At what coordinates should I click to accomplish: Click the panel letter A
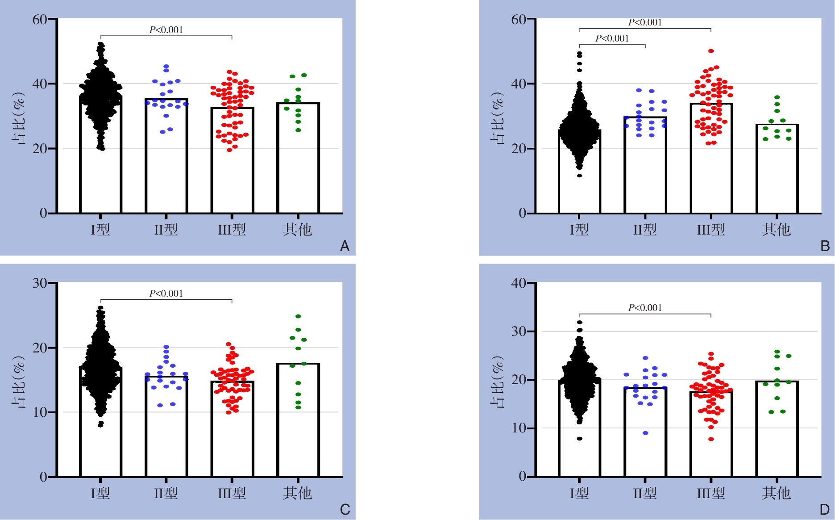pyautogui.click(x=345, y=246)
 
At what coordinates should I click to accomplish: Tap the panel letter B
pyautogui.click(x=825, y=246)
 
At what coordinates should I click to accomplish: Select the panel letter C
pyautogui.click(x=345, y=510)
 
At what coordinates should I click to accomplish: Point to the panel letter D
pyautogui.click(x=824, y=510)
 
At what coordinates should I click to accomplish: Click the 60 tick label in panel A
pyautogui.click(x=40, y=19)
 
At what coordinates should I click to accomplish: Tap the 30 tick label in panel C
pyautogui.click(x=40, y=283)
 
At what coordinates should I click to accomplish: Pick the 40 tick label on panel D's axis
pyautogui.click(x=519, y=283)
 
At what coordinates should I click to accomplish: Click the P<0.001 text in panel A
pyautogui.click(x=166, y=30)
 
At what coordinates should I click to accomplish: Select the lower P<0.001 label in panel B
pyautogui.click(x=612, y=38)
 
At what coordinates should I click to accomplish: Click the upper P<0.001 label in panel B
pyautogui.click(x=645, y=22)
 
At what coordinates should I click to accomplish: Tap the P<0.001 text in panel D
pyautogui.click(x=645, y=308)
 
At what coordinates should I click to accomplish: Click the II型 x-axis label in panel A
pyautogui.click(x=166, y=230)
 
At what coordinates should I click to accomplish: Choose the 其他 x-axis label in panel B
pyautogui.click(x=776, y=230)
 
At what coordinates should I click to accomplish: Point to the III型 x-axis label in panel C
pyautogui.click(x=232, y=493)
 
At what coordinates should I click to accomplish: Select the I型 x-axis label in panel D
pyautogui.click(x=579, y=493)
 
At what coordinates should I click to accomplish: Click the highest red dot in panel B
pyautogui.click(x=711, y=51)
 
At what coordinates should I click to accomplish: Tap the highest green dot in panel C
pyautogui.click(x=298, y=316)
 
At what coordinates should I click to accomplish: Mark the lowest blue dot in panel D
pyautogui.click(x=645, y=433)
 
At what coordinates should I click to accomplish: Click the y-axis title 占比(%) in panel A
pyautogui.click(x=18, y=118)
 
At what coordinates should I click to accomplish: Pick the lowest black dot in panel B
pyautogui.click(x=579, y=176)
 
